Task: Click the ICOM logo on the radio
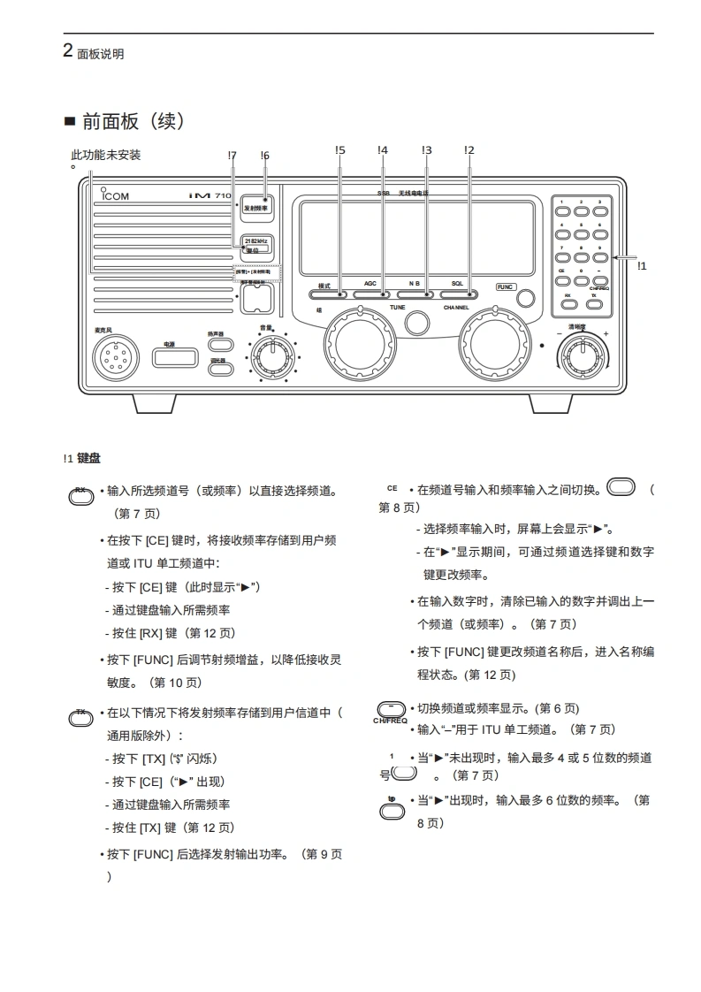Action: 115,195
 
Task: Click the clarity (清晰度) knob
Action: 583,355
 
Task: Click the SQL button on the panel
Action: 457,294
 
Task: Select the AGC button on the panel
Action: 370,294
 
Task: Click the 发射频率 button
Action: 255,209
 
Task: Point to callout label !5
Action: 340,151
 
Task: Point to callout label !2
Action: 469,151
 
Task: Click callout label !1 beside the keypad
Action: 642,265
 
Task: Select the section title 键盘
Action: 88,459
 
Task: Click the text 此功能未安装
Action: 105,156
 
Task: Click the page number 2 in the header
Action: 68,50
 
